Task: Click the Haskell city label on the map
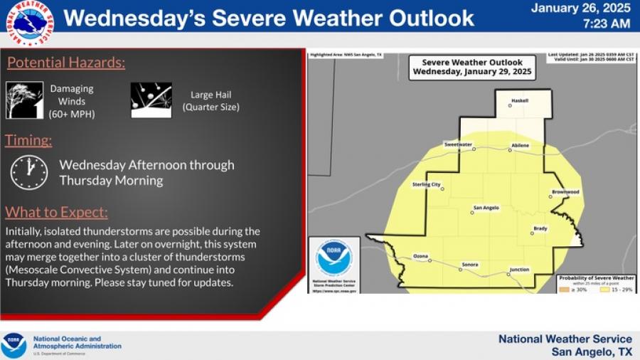520,100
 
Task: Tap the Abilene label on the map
520,145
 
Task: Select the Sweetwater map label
459,144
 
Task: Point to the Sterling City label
427,184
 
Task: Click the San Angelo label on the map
486,208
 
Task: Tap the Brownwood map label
565,192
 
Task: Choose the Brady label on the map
540,228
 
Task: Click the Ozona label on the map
421,255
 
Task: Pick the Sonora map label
469,264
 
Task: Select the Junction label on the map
519,270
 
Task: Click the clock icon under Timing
29,172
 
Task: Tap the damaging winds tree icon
25,100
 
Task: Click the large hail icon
151,100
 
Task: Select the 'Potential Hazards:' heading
66,63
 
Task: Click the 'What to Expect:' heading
57,212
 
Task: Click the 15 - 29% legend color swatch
605,288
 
